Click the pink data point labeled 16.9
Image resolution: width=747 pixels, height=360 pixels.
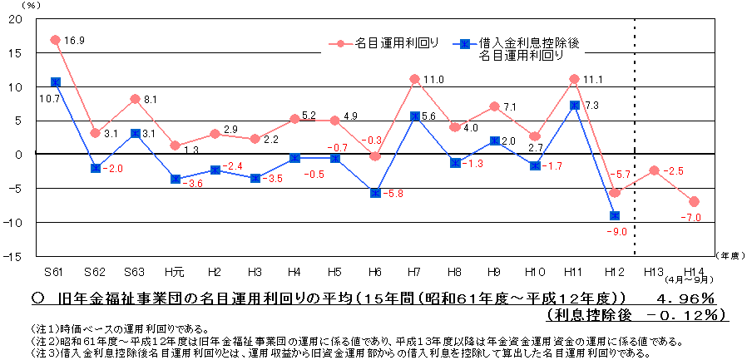(x=55, y=40)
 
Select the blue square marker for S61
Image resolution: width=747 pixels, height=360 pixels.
(x=55, y=81)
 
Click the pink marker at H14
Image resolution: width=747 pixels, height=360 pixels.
(x=694, y=201)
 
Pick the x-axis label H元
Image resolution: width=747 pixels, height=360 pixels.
(x=175, y=271)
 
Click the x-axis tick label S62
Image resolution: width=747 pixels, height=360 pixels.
(x=95, y=271)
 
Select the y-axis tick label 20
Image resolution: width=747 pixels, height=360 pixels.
(x=16, y=20)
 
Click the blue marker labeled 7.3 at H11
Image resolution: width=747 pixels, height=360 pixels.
(x=574, y=105)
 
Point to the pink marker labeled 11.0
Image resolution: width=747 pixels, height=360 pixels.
(x=414, y=79)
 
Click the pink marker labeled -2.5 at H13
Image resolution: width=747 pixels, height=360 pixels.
(x=654, y=170)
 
